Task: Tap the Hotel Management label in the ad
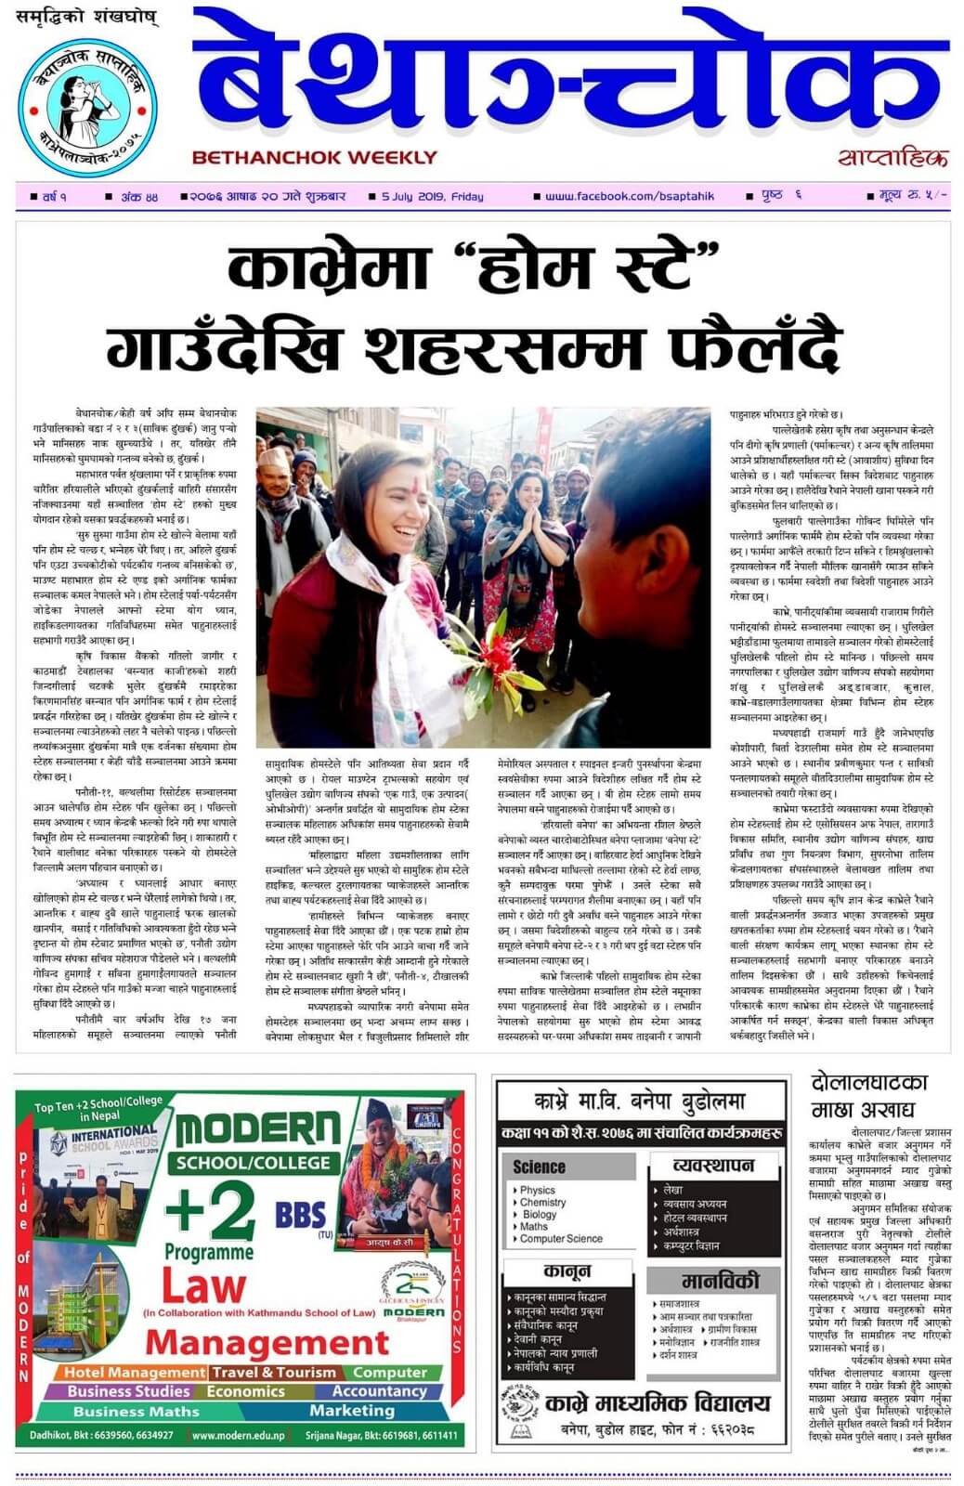pyautogui.click(x=132, y=1373)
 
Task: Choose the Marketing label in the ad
pyautogui.click(x=351, y=1411)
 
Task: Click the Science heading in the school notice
pyautogui.click(x=539, y=1167)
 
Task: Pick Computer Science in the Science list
pyautogui.click(x=561, y=1239)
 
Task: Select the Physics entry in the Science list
pyautogui.click(x=537, y=1190)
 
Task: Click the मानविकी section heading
pyautogui.click(x=720, y=1281)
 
